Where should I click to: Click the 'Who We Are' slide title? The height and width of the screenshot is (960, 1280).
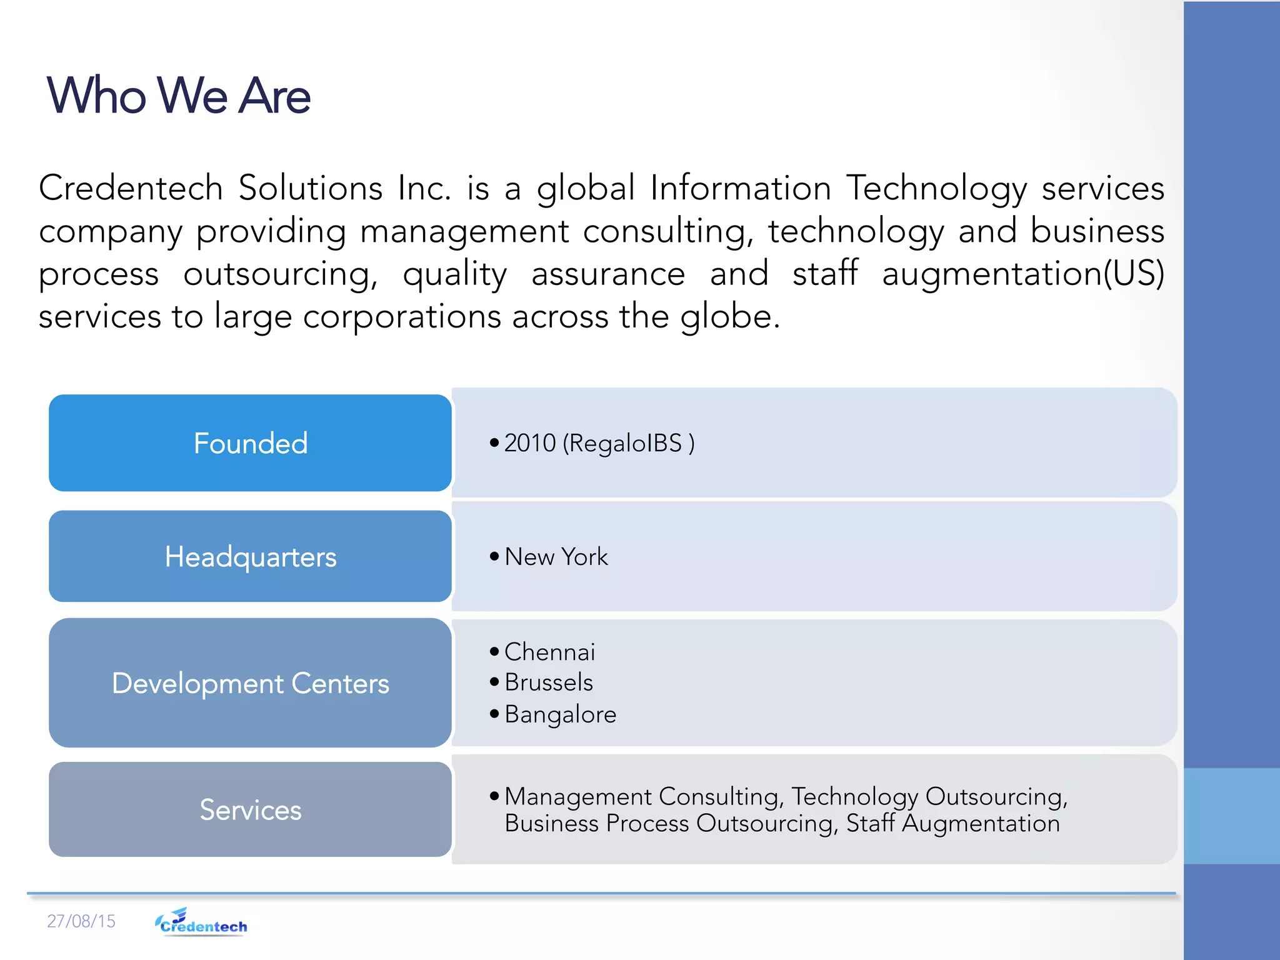pos(178,96)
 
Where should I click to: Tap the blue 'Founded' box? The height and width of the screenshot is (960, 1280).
pos(250,442)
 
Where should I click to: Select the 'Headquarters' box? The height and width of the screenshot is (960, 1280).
pos(250,556)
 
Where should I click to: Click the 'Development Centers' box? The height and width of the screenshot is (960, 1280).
pos(250,682)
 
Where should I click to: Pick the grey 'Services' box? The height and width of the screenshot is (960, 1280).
pos(250,809)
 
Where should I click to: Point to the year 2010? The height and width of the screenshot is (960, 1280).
pos(530,443)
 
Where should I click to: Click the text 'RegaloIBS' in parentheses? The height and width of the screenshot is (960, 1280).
pos(625,443)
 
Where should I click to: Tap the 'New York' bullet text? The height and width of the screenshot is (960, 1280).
pos(556,556)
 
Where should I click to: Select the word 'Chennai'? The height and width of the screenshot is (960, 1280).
pos(549,652)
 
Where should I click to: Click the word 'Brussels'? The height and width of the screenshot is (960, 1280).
pos(549,682)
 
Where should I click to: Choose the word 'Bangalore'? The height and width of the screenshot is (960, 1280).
pos(560,714)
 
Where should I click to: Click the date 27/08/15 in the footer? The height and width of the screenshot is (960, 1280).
pos(81,921)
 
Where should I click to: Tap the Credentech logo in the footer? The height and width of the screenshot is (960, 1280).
pos(201,922)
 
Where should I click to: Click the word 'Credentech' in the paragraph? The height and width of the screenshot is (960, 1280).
pos(131,187)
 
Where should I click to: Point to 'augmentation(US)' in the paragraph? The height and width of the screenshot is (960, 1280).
pos(1022,274)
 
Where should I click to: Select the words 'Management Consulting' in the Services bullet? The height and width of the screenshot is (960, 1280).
pos(641,796)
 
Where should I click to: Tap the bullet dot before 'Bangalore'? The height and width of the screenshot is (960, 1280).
pos(494,713)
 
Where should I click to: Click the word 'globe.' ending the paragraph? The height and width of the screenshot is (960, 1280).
pos(730,316)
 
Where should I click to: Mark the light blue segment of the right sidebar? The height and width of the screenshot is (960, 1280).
pos(1231,816)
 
